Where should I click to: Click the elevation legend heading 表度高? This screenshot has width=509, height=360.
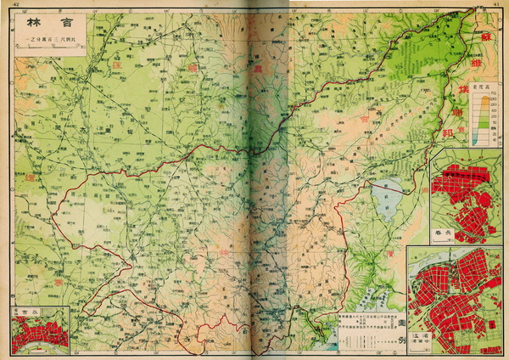(x=481, y=87)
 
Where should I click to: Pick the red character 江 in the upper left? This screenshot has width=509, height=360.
(x=115, y=65)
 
